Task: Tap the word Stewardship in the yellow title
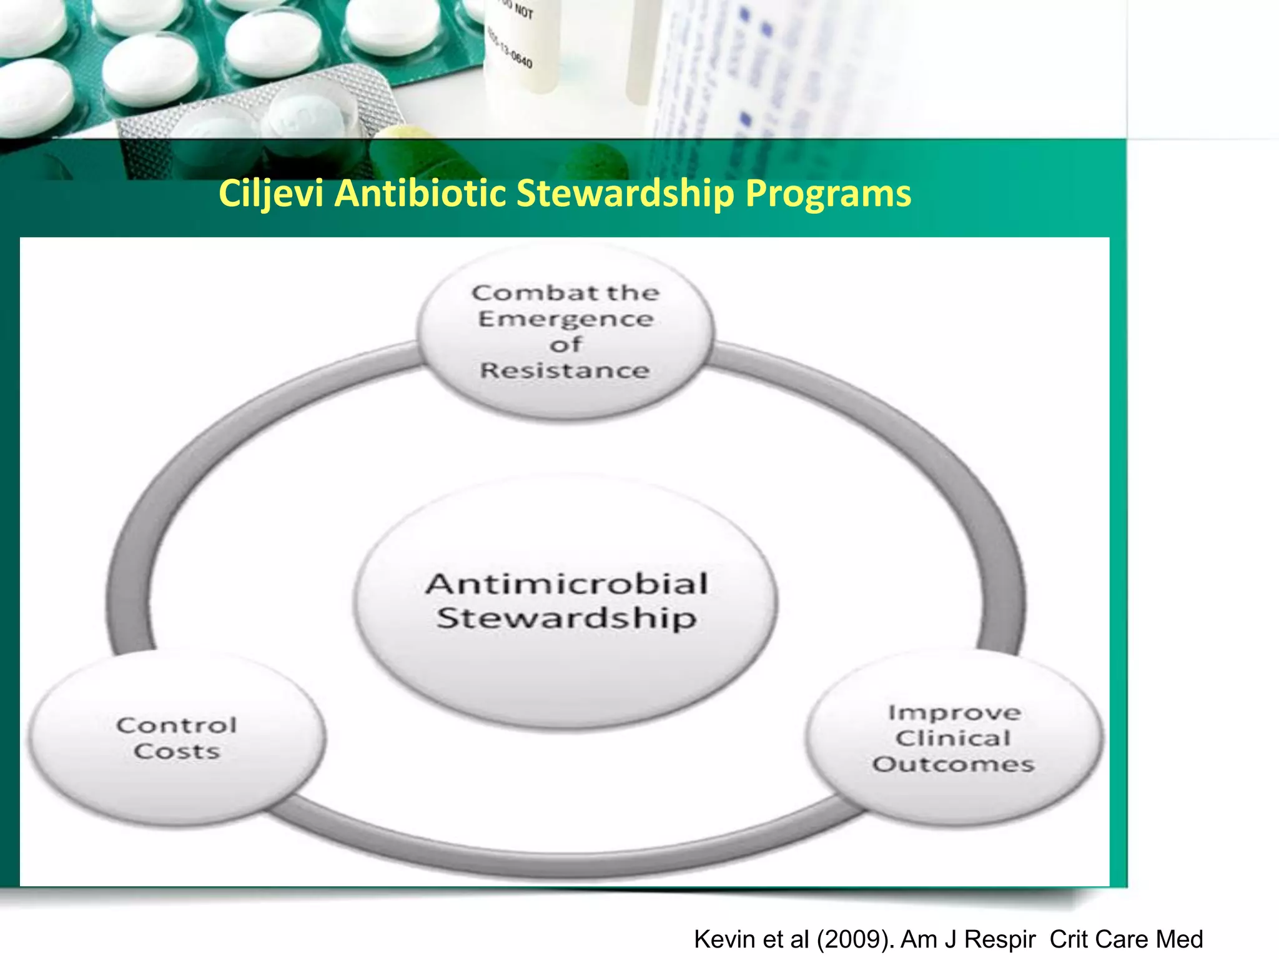pyautogui.click(x=625, y=194)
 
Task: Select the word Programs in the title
pyautogui.click(x=828, y=194)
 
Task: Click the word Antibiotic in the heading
pyautogui.click(x=420, y=194)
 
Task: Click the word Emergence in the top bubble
pyautogui.click(x=566, y=319)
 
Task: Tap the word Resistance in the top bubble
pyautogui.click(x=565, y=371)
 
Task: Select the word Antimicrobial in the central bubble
pyautogui.click(x=567, y=584)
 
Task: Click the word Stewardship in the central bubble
pyautogui.click(x=566, y=618)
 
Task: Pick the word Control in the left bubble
pyautogui.click(x=177, y=726)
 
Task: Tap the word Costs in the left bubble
pyautogui.click(x=177, y=751)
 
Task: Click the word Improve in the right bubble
pyautogui.click(x=955, y=713)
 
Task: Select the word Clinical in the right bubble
pyautogui.click(x=953, y=739)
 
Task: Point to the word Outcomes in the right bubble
pyautogui.click(x=954, y=764)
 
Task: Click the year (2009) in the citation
pyautogui.click(x=855, y=939)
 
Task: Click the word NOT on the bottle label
pyautogui.click(x=524, y=12)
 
